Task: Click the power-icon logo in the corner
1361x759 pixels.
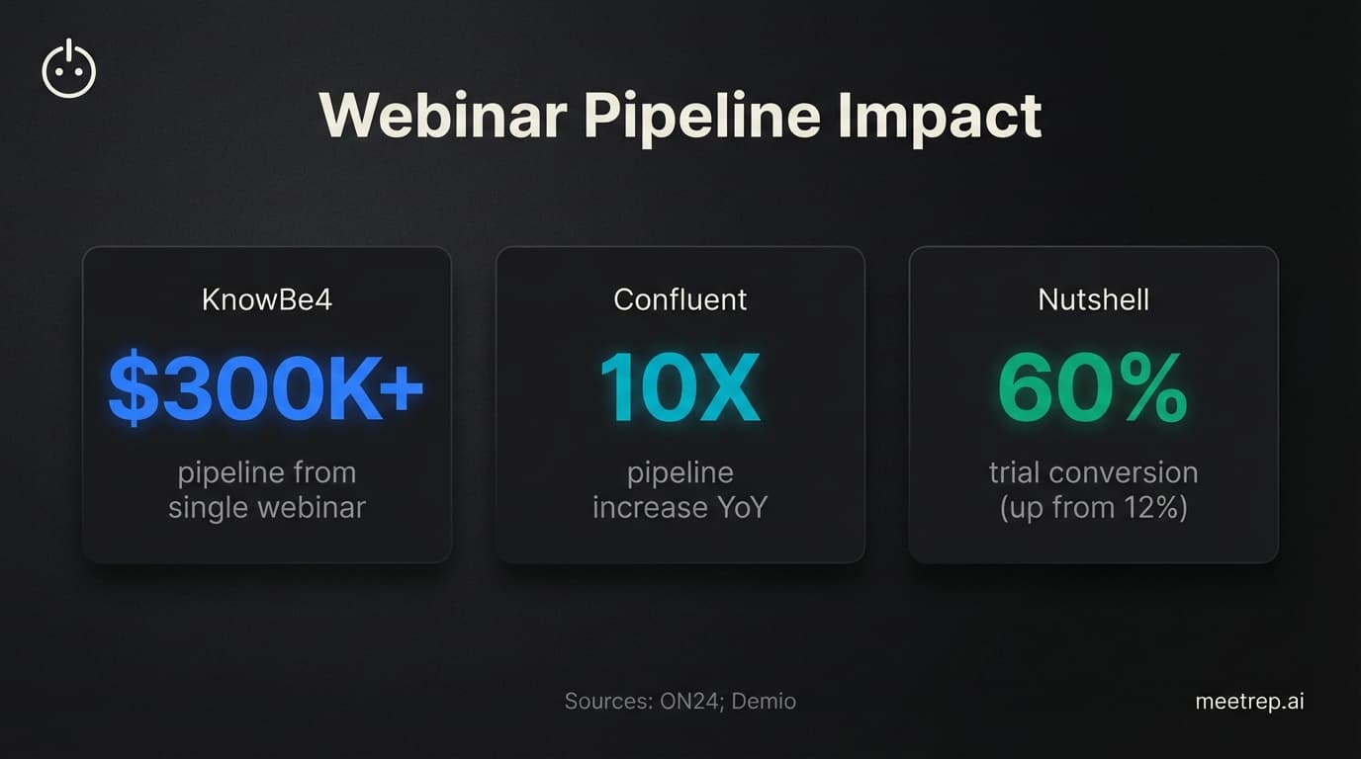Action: click(x=69, y=70)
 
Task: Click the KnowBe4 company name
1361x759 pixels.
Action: click(x=266, y=299)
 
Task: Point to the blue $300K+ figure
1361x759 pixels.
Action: click(x=266, y=387)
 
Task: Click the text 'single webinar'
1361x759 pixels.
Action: click(x=266, y=508)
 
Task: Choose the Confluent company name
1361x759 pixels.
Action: click(x=680, y=299)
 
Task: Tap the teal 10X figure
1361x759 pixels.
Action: click(x=680, y=387)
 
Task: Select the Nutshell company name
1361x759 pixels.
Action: click(x=1093, y=299)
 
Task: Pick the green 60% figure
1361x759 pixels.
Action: click(x=1093, y=387)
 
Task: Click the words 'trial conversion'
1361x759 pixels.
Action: click(x=1093, y=472)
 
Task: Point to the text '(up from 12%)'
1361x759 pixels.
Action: click(x=1093, y=508)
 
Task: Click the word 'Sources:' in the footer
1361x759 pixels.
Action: click(x=603, y=702)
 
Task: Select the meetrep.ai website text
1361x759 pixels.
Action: click(x=1249, y=702)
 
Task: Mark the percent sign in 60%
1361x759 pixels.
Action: click(x=1152, y=387)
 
